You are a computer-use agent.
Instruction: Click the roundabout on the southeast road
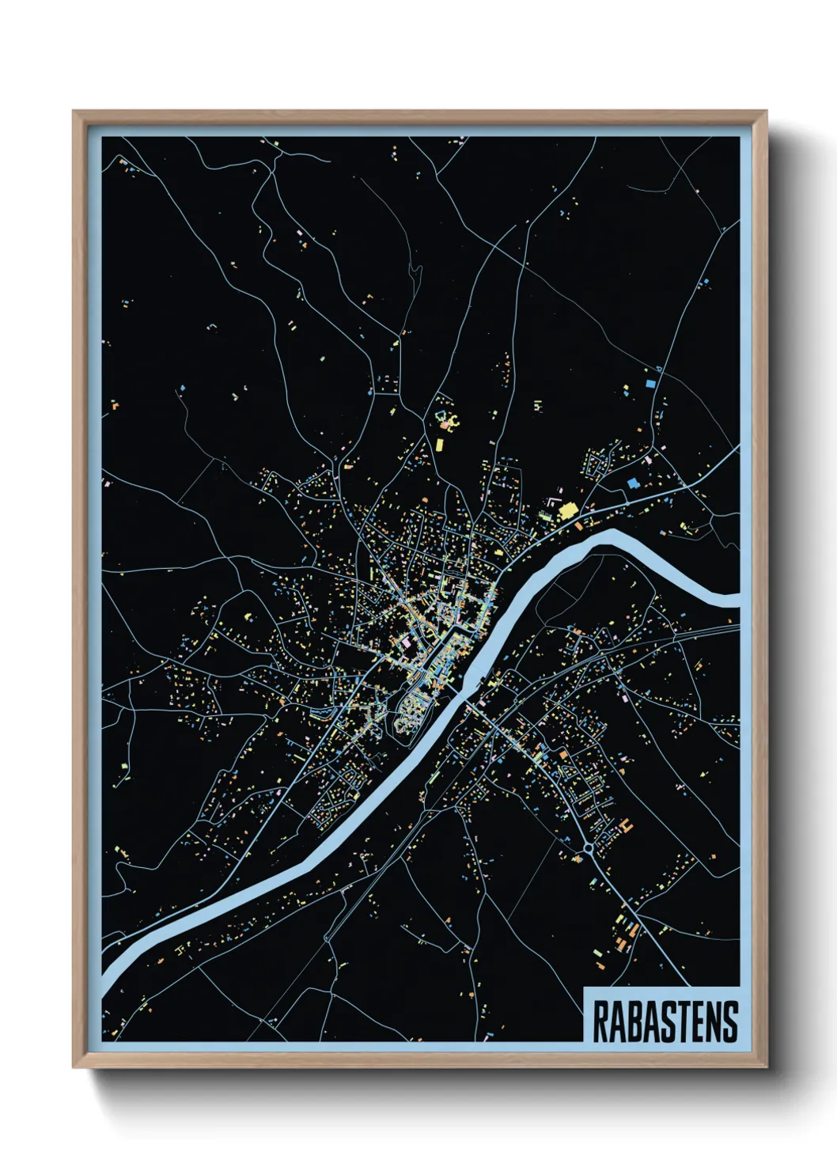coord(589,849)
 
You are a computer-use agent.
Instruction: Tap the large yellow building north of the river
coord(566,510)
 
